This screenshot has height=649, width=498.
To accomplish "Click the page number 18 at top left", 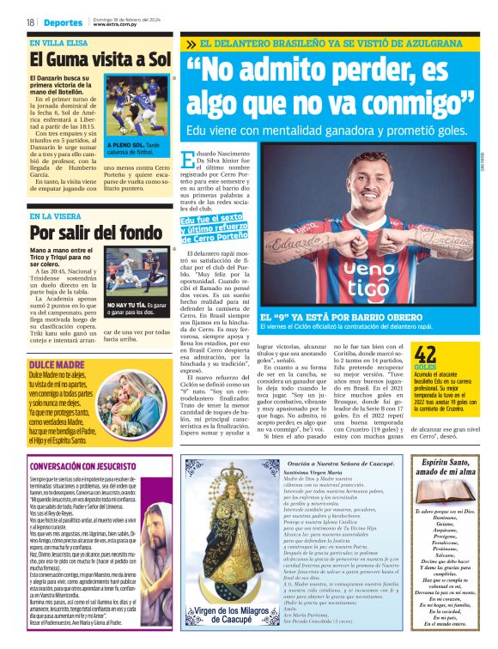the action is (29, 21).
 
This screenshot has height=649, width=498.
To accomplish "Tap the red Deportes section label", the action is (62, 21).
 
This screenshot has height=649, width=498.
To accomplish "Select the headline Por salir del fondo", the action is (94, 232).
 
